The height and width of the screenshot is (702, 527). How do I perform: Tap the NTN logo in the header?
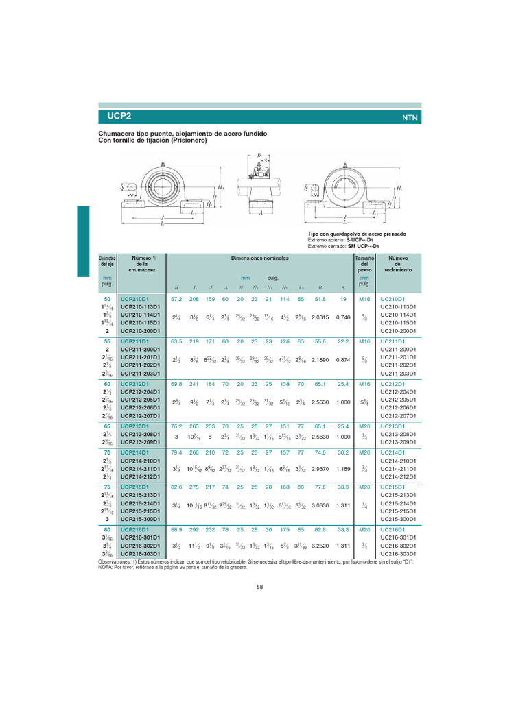coord(409,117)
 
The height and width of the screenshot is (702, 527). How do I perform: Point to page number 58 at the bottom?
coord(260,587)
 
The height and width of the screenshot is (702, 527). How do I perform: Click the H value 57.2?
coord(176,300)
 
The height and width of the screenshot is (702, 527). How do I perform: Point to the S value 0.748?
coord(342,317)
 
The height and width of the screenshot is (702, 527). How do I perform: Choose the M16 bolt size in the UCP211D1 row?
coord(364,341)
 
